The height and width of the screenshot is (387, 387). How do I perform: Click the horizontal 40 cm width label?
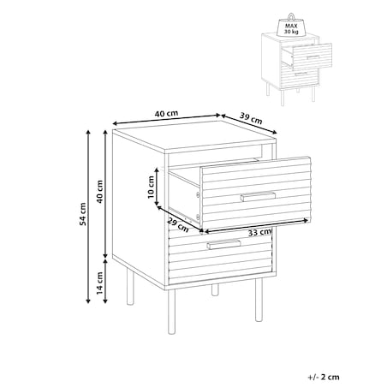coord(166,113)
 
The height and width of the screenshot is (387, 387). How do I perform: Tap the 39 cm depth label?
coord(251,118)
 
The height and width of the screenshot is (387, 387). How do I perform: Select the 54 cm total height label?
coord(82,214)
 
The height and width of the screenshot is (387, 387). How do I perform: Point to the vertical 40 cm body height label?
coord(99,192)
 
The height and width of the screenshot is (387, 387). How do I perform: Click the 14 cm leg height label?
coord(99,283)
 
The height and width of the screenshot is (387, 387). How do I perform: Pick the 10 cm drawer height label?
coord(151,187)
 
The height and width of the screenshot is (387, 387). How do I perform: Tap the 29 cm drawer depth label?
coord(178,224)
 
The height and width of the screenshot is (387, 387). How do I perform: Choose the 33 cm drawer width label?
coord(259,232)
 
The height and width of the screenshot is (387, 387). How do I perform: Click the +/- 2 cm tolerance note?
coord(324,377)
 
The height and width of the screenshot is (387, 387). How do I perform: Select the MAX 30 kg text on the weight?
coord(291,29)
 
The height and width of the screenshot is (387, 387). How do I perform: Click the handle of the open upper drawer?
coord(258,196)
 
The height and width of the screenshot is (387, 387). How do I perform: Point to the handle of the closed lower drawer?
coord(223,245)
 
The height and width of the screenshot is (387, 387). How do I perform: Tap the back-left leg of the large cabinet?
coord(130,286)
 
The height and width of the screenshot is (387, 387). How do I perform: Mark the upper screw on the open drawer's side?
coord(197,194)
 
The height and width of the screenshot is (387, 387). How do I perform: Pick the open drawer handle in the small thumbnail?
coord(313,57)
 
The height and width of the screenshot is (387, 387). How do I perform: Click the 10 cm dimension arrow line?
coord(157,187)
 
